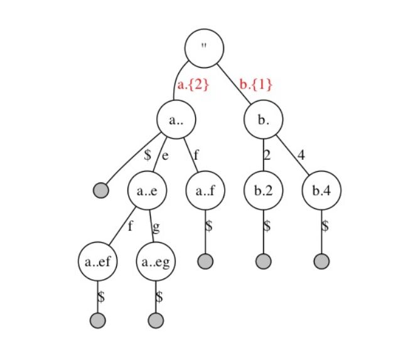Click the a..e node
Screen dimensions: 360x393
coord(148,191)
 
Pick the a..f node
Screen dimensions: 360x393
coord(205,191)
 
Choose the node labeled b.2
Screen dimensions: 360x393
coord(264,191)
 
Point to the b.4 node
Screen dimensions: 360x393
coord(321,191)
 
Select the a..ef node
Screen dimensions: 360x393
coord(98,263)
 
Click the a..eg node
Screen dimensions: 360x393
coord(156,263)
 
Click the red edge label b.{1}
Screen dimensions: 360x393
coord(256,84)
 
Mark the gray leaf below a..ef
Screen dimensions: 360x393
coord(98,320)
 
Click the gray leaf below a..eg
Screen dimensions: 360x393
coord(156,320)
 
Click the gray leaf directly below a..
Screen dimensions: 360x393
coord(100,190)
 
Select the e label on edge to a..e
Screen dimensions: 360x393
coord(165,155)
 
